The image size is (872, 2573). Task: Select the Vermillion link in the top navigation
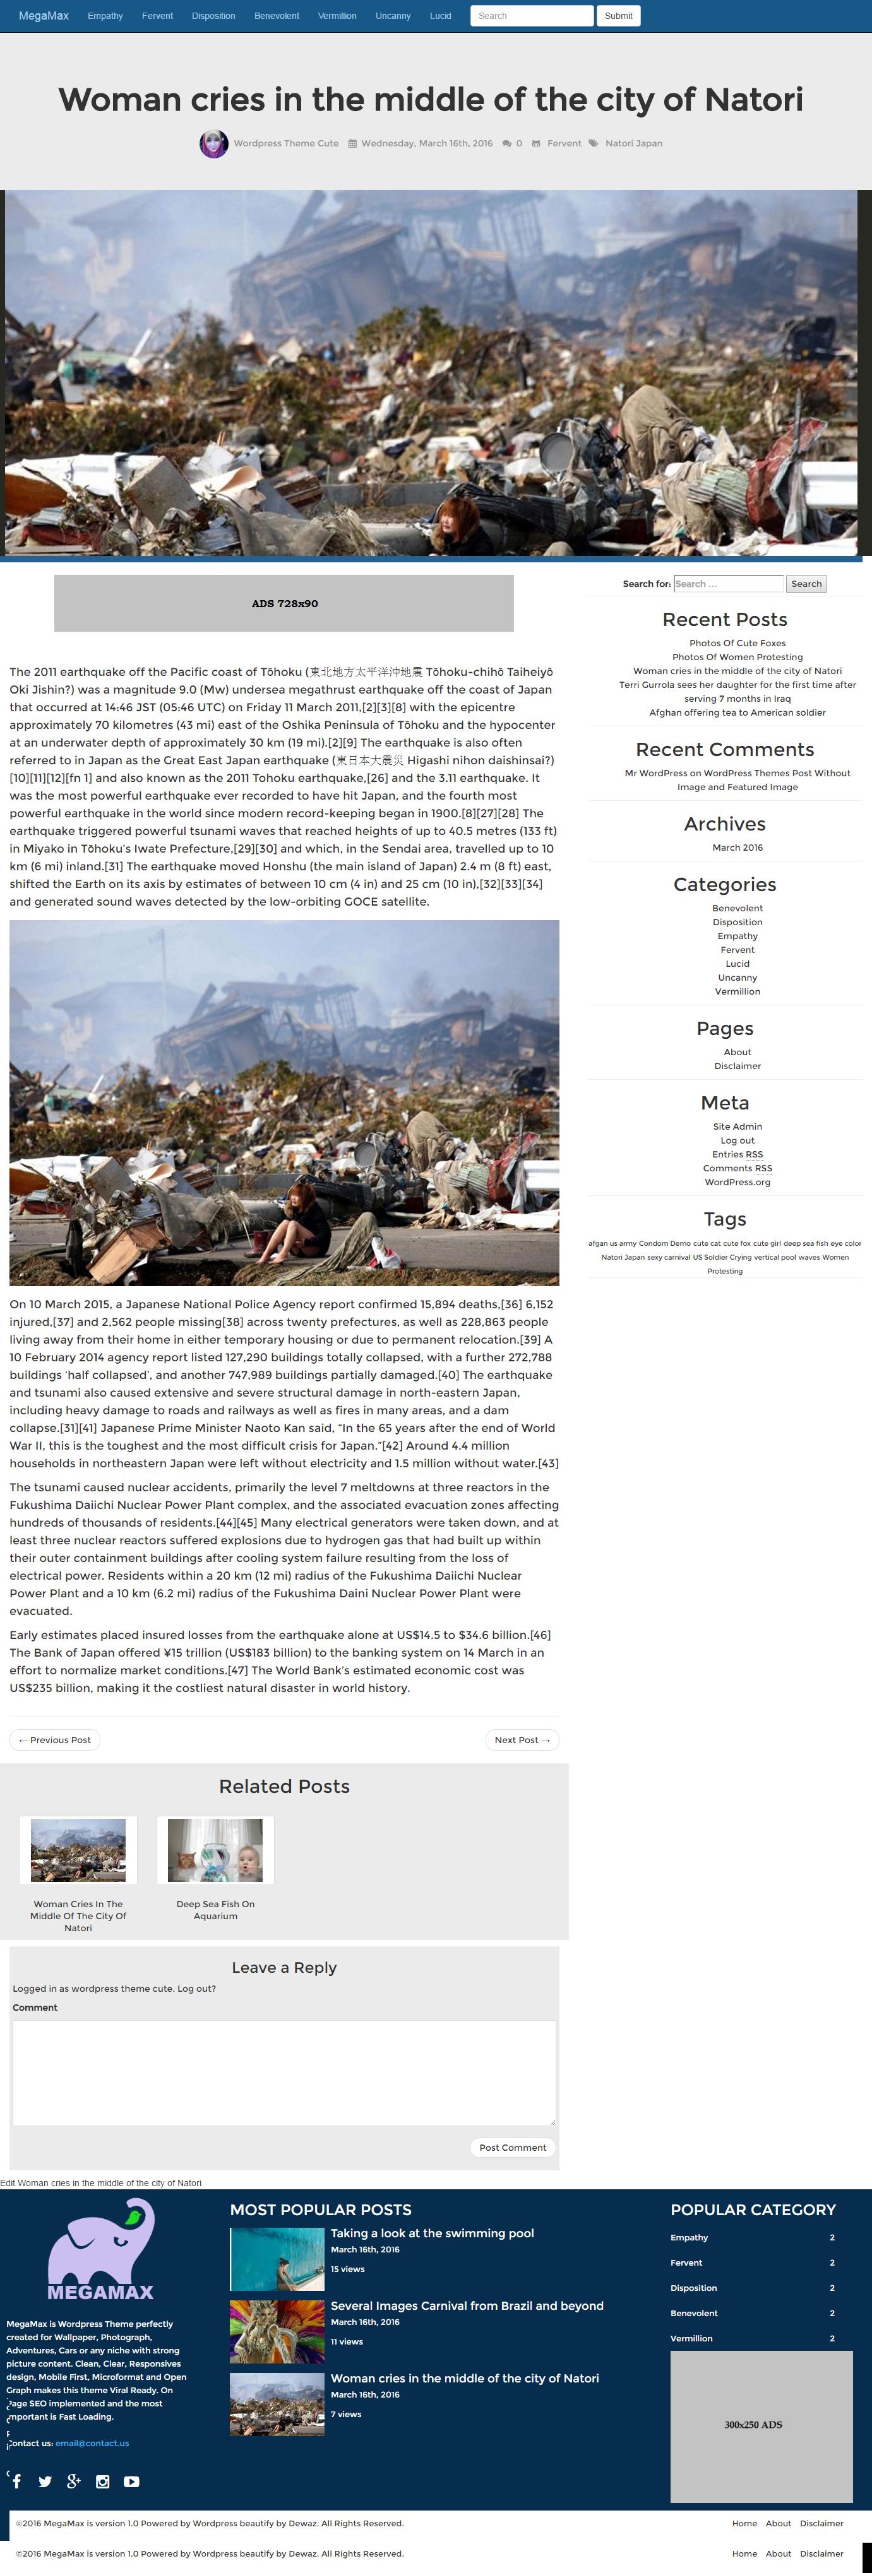[337, 16]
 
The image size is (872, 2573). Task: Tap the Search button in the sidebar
[806, 584]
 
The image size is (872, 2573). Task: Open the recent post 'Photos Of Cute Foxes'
[737, 643]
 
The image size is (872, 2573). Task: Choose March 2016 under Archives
[737, 848]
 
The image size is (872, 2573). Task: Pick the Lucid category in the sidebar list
[737, 964]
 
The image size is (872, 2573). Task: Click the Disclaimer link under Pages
[737, 1066]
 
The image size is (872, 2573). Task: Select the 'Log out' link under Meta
[737, 1140]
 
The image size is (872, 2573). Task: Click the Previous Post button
[55, 1740]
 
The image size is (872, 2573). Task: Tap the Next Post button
[522, 1740]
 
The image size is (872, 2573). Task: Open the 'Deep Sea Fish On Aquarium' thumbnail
[215, 1850]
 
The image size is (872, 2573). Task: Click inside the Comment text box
[284, 2073]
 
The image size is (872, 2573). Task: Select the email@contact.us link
[92, 2443]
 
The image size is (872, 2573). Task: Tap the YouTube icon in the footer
[131, 2482]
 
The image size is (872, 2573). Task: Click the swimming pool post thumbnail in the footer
[277, 2259]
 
